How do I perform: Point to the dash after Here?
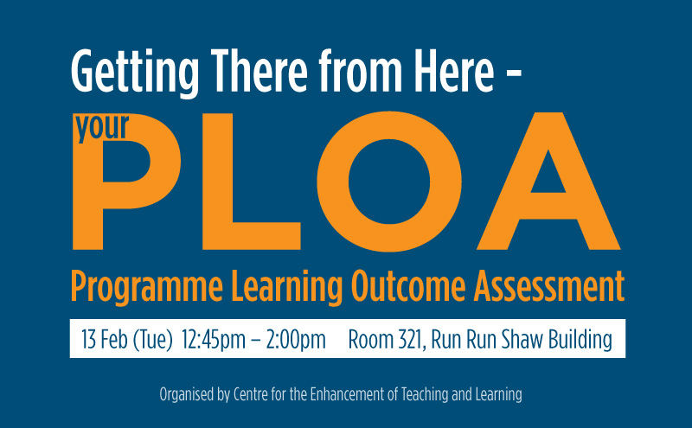514,75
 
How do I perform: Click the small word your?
102,127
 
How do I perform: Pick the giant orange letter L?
252,182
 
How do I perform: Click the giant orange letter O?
389,182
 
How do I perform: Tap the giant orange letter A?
548,182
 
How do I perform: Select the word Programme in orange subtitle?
146,287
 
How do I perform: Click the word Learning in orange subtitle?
287,287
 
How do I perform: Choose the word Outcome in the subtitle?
408,286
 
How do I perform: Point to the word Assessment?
549,286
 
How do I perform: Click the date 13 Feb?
105,339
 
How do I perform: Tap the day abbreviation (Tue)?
152,340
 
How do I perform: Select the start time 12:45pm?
213,340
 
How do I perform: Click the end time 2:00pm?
296,340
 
